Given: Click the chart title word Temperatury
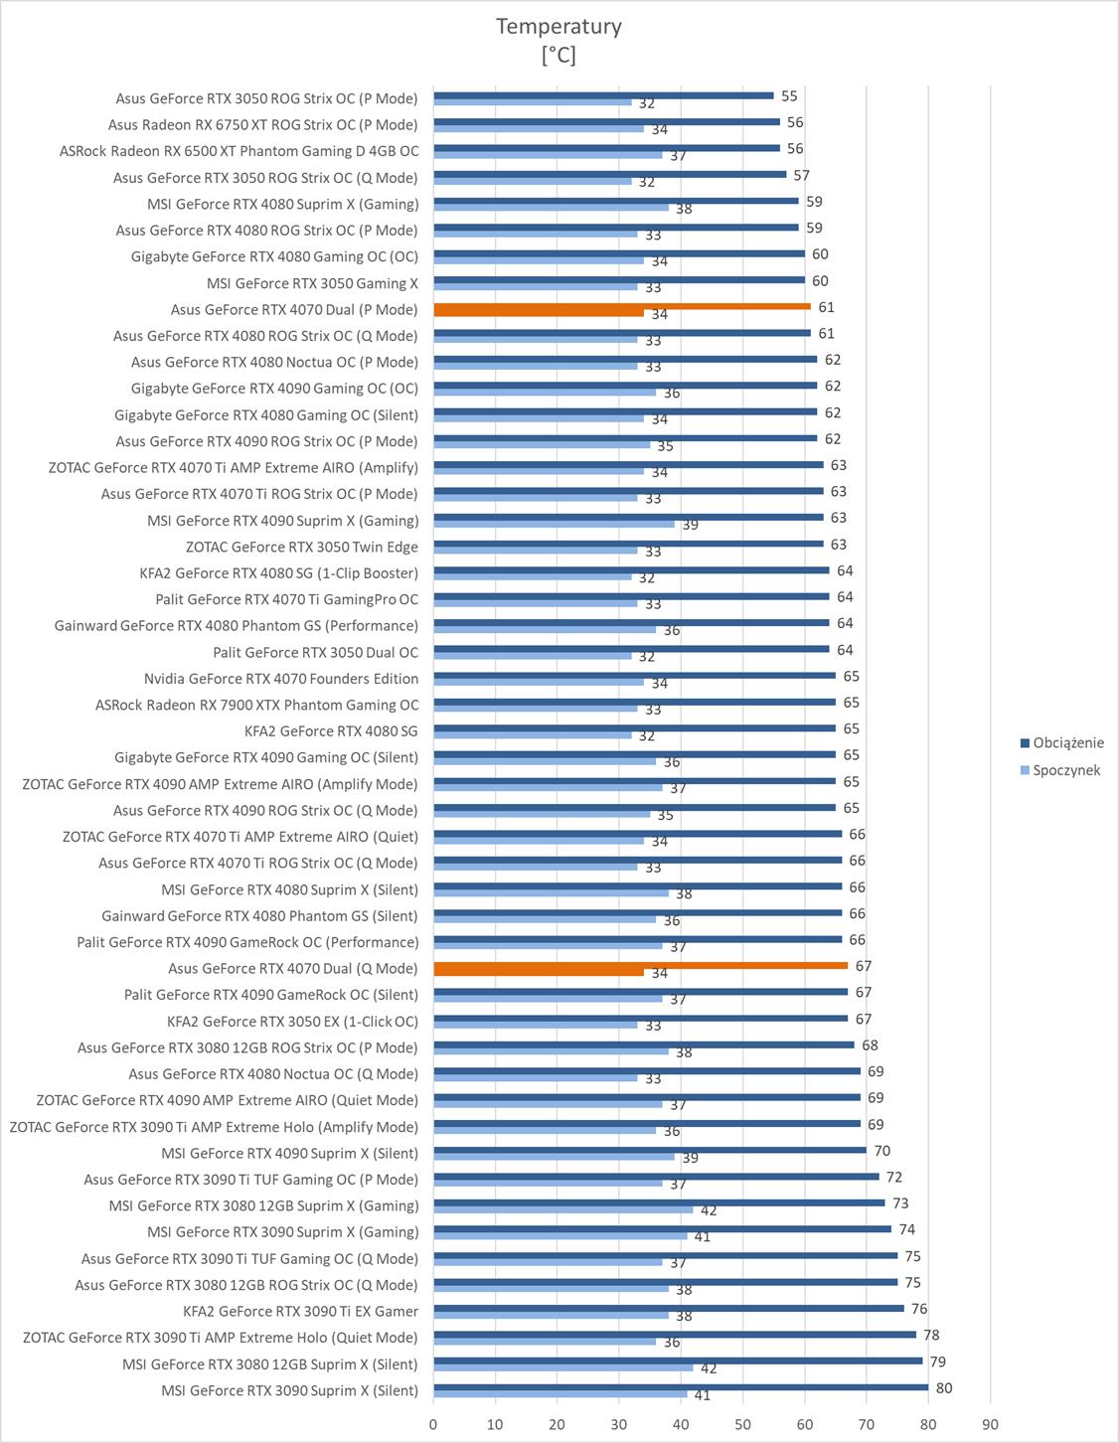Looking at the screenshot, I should tap(559, 27).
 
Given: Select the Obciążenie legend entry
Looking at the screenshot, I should tap(1067, 743).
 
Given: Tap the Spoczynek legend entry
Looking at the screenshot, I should tap(1065, 770).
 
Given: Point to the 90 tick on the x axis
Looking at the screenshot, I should tap(990, 1424).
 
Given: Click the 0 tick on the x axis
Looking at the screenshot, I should tap(433, 1424).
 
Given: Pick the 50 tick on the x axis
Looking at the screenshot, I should tap(742, 1424).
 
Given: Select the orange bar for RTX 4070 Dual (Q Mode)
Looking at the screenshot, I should tap(640, 966).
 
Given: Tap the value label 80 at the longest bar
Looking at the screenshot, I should tap(944, 1388).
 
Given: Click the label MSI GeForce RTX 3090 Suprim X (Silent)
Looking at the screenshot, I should tap(289, 1390).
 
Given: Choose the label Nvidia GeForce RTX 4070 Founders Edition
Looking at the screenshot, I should tap(281, 679).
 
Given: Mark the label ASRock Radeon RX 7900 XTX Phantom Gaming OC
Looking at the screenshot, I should tap(256, 705).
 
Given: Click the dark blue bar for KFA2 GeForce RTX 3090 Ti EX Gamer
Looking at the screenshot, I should tap(668, 1308).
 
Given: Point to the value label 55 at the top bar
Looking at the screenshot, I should tap(789, 96).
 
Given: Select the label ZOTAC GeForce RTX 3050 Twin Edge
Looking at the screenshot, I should tap(302, 547).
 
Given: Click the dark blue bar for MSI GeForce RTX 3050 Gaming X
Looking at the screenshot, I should tap(618, 280).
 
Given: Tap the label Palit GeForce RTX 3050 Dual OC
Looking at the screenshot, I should tap(315, 653).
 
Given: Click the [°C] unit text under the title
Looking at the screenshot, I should tap(559, 56).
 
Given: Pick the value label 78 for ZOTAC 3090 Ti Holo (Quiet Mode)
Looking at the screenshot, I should tap(931, 1336).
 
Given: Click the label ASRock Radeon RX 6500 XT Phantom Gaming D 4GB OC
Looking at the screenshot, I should tap(239, 151).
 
